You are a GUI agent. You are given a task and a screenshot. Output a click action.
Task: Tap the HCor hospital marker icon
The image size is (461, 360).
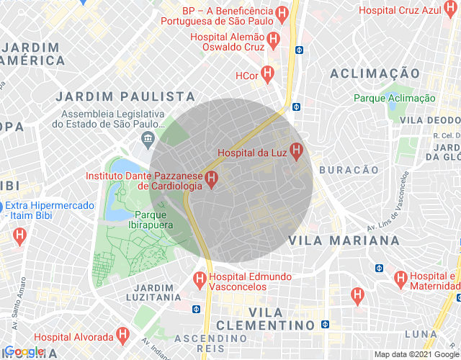(267, 73)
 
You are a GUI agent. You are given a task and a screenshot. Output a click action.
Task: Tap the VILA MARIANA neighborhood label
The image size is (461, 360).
(334, 240)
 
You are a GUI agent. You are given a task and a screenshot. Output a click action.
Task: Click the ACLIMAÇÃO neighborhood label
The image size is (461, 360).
(375, 73)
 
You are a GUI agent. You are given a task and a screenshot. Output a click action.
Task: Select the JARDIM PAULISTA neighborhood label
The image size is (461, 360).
(125, 96)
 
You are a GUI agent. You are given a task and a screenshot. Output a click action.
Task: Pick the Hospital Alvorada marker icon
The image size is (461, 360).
(124, 336)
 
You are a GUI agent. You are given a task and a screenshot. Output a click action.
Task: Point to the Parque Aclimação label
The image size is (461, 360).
(394, 98)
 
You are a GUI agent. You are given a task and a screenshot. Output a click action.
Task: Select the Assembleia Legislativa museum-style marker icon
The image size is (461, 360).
(149, 137)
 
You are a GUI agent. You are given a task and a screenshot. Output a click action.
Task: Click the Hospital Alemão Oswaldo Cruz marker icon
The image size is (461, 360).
(273, 39)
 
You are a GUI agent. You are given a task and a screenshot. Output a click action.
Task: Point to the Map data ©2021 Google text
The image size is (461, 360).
(416, 354)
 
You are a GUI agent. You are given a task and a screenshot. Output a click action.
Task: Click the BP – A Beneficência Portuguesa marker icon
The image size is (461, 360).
(282, 12)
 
